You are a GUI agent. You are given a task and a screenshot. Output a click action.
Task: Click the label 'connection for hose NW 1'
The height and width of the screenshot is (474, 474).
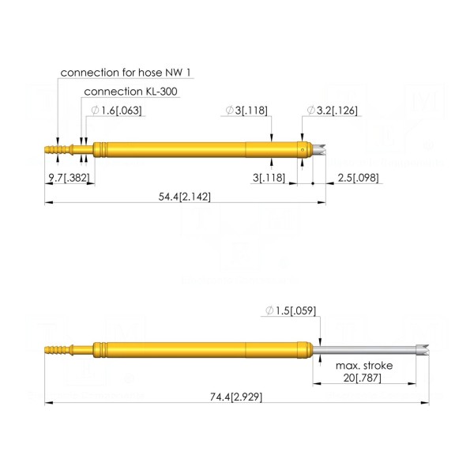coord(126,73)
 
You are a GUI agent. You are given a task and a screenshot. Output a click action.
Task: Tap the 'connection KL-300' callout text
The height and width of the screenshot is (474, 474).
coord(130,92)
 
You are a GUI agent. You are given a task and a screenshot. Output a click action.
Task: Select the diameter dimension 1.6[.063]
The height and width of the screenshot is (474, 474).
coord(116,111)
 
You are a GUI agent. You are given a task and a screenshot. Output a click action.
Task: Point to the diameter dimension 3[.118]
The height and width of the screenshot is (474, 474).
coord(246,111)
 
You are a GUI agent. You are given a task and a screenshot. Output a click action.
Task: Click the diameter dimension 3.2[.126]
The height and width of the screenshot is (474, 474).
coord(333,111)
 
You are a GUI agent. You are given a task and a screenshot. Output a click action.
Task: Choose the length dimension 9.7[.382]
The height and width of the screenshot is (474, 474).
coord(70,178)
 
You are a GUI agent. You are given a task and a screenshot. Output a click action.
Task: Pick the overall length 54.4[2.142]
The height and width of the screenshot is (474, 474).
coord(184,197)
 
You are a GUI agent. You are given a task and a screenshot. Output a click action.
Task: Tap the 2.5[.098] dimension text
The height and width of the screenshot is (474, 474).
coord(358,178)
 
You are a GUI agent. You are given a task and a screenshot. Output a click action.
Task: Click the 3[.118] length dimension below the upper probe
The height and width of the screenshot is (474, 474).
coord(269,178)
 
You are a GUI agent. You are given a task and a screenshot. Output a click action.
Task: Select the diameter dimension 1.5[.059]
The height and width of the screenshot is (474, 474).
coord(291,310)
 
